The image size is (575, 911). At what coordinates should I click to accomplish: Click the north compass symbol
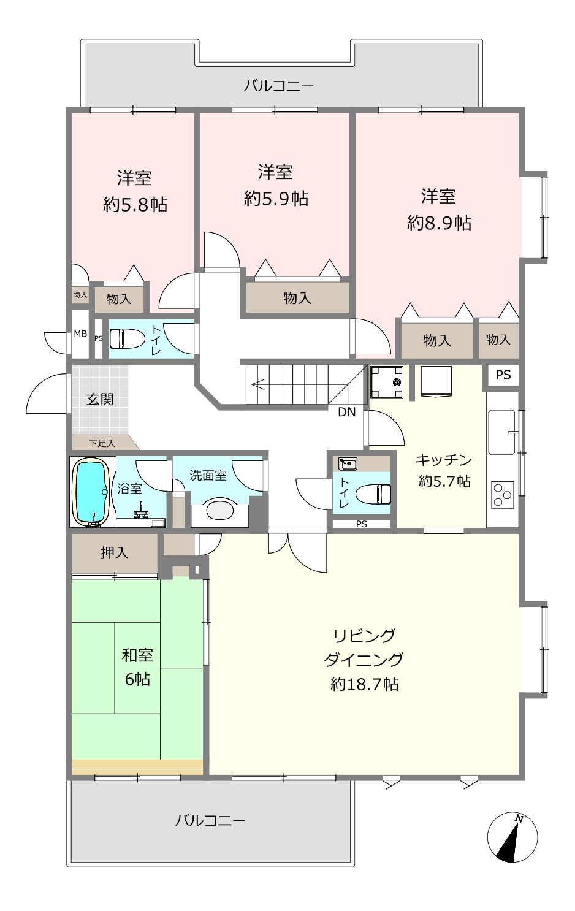pos(512,837)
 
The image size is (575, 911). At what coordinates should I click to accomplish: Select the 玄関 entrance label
pos(100,399)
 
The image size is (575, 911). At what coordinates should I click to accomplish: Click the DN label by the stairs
pos(347,413)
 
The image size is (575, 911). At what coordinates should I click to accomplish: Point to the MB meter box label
pos(80,334)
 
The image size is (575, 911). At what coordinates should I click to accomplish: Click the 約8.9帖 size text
pos(439,223)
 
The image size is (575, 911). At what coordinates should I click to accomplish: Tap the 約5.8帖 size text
pos(135,205)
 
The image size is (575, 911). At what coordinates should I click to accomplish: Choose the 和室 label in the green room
pos(137,655)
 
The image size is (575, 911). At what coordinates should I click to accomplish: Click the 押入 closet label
pos(114,553)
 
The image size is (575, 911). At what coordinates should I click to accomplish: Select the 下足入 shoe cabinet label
pos(102,443)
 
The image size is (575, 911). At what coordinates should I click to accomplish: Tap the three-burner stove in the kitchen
pos(503,495)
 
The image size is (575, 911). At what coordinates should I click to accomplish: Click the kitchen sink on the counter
pos(503,432)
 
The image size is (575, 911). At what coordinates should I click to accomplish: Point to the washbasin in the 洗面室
pos(219,511)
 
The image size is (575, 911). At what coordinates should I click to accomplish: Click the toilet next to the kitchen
pos(373,494)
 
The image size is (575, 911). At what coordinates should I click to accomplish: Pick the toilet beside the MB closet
pos(127,338)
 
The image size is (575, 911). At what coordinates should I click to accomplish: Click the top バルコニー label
pos(278,86)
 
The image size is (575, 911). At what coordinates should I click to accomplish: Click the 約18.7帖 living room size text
pos(364,684)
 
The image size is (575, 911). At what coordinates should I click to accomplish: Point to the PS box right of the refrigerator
pos(503,375)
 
